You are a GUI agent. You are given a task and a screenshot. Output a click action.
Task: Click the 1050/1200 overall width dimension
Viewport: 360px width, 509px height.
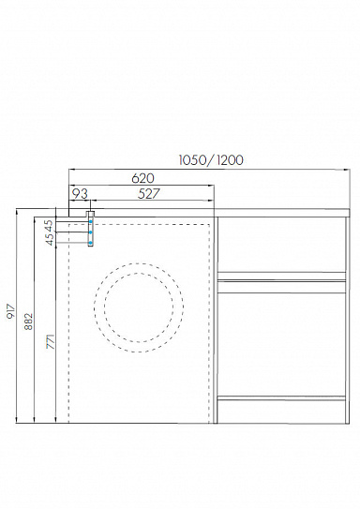coord(211,160)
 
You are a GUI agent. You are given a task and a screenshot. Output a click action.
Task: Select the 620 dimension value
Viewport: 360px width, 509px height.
coord(143,178)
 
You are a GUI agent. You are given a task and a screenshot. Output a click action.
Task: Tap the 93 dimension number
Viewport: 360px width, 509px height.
coord(80,194)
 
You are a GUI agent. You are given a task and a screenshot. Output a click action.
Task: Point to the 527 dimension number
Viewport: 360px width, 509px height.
coord(149,194)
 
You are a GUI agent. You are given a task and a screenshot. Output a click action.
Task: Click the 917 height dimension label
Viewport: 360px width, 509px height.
coord(11,311)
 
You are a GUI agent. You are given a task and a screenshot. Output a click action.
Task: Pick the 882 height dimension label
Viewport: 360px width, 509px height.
coord(29,322)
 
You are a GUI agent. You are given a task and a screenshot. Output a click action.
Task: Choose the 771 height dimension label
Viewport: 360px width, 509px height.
coord(51,341)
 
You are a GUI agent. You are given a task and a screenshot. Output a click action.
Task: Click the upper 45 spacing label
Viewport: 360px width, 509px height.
coord(49,224)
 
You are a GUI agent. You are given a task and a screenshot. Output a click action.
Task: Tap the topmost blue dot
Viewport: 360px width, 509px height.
coord(91,222)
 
